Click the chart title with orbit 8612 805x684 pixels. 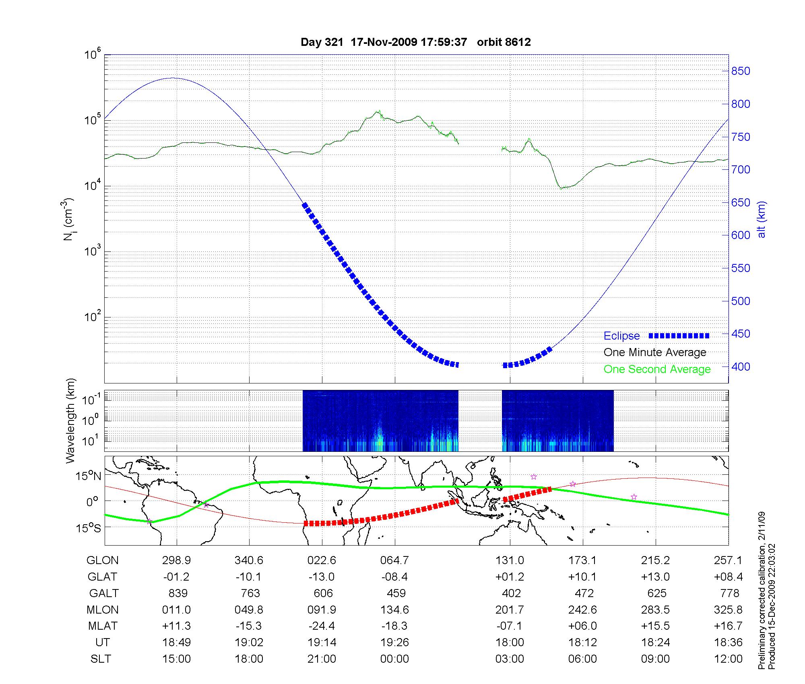click(x=415, y=42)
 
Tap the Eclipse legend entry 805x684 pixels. click(x=621, y=336)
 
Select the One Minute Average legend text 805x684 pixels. click(x=655, y=352)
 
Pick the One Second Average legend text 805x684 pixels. click(x=657, y=369)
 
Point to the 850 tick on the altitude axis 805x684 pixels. click(x=741, y=71)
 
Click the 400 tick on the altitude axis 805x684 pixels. click(x=741, y=367)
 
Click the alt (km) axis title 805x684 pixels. click(x=762, y=219)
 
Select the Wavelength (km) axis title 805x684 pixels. click(x=71, y=421)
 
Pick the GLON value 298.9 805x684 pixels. click(x=176, y=560)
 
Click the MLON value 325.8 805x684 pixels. click(x=728, y=610)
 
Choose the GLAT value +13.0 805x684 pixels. click(x=655, y=577)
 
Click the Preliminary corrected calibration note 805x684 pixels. click(x=762, y=591)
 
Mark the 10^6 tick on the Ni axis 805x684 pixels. click(x=92, y=55)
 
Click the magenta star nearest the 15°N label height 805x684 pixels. click(x=534, y=477)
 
